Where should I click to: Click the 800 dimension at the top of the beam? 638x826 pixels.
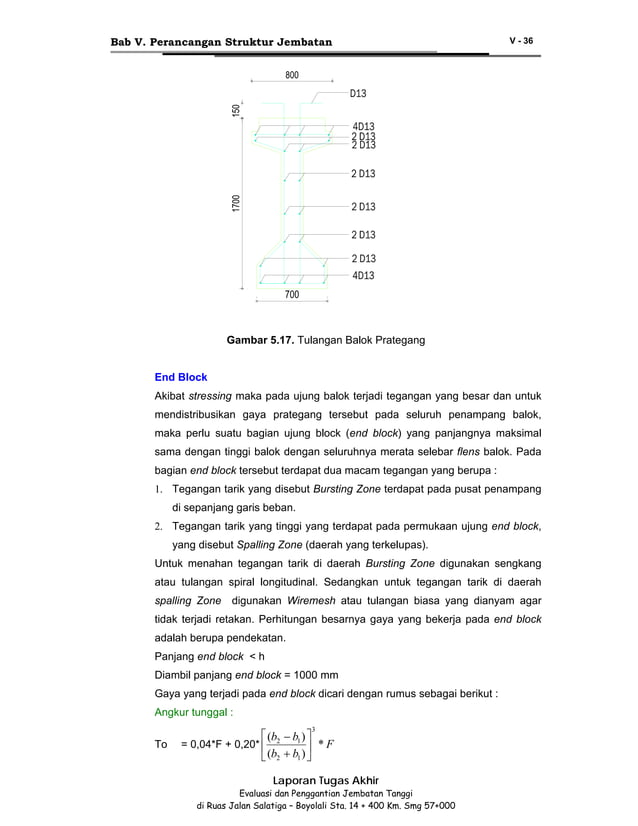(292, 75)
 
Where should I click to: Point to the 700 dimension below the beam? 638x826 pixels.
(291, 295)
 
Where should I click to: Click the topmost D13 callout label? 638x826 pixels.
(358, 93)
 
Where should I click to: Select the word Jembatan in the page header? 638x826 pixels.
(297, 41)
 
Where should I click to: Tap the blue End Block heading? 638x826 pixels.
(180, 377)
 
